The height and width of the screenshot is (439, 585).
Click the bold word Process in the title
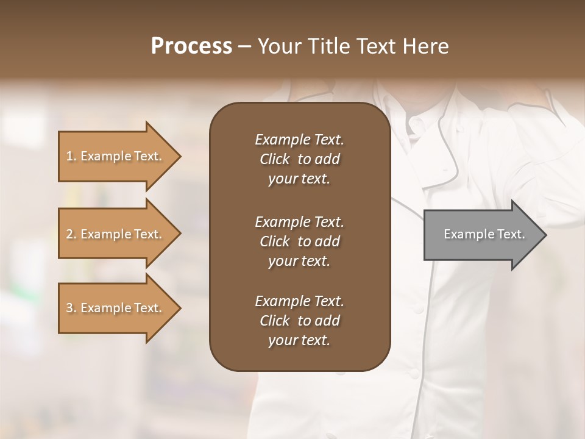click(191, 46)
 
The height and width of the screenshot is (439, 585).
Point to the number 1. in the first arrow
click(71, 156)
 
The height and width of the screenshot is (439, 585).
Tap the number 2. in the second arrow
click(71, 234)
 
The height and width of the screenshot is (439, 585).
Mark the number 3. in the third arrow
click(71, 308)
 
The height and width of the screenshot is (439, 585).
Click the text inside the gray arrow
click(484, 234)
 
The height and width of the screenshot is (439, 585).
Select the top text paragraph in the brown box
click(299, 159)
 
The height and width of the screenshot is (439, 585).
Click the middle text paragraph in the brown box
click(299, 241)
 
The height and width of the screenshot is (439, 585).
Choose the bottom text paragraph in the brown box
click(299, 321)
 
